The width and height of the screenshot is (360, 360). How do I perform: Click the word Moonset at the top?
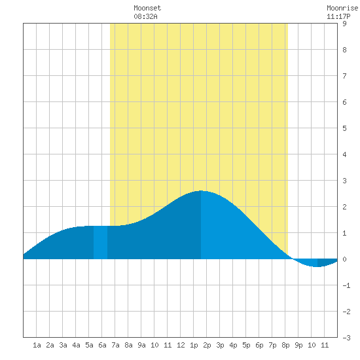point(147,8)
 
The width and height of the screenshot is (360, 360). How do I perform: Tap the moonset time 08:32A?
point(145,16)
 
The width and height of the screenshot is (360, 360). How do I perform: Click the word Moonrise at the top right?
point(342,8)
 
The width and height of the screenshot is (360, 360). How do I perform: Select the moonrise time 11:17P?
point(338,16)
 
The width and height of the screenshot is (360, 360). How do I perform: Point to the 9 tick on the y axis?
point(344,24)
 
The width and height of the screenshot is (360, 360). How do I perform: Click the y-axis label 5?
point(344,128)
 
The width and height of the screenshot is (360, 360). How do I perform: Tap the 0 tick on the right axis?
point(344,259)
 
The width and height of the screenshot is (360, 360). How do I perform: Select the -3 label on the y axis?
point(346,338)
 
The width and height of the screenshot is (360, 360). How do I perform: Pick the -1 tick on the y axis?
point(346,285)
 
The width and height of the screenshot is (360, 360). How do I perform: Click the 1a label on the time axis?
point(37,345)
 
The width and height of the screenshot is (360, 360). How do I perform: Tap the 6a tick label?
point(102,345)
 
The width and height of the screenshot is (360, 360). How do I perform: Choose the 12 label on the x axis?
point(181,345)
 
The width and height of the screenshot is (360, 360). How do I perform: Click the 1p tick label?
point(194,345)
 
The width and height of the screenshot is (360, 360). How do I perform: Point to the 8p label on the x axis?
point(285,345)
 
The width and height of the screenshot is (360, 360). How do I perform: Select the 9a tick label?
point(141,345)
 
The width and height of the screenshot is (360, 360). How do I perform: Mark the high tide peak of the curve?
point(201,190)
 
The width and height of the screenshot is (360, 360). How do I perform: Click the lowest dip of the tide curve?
point(317,266)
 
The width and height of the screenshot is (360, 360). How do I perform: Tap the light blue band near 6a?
point(100,242)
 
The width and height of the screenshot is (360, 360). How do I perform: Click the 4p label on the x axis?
point(233,345)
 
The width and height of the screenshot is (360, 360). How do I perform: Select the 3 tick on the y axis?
point(344,181)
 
